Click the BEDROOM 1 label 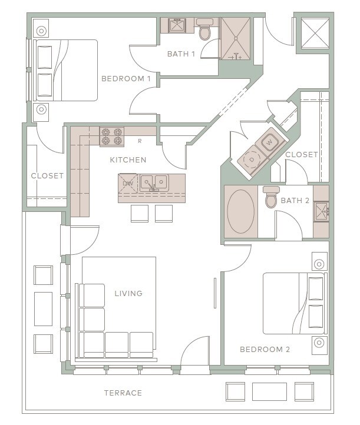(x=126, y=79)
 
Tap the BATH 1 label (x=181, y=54)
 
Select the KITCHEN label (x=128, y=160)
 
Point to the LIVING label (x=128, y=293)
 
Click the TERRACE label (x=123, y=393)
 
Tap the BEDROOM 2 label (x=265, y=350)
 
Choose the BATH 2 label (x=295, y=201)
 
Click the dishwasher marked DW (x=128, y=184)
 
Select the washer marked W (x=269, y=142)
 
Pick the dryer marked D (x=252, y=160)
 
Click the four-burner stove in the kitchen (x=112, y=137)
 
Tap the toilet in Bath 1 (x=204, y=29)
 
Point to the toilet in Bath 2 (x=271, y=197)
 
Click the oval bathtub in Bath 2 (x=240, y=212)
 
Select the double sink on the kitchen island (x=154, y=183)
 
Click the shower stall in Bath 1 (x=236, y=39)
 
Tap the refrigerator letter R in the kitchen (x=140, y=141)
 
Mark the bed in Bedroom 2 (x=295, y=303)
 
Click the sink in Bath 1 (x=177, y=25)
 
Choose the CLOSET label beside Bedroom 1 (x=48, y=175)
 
